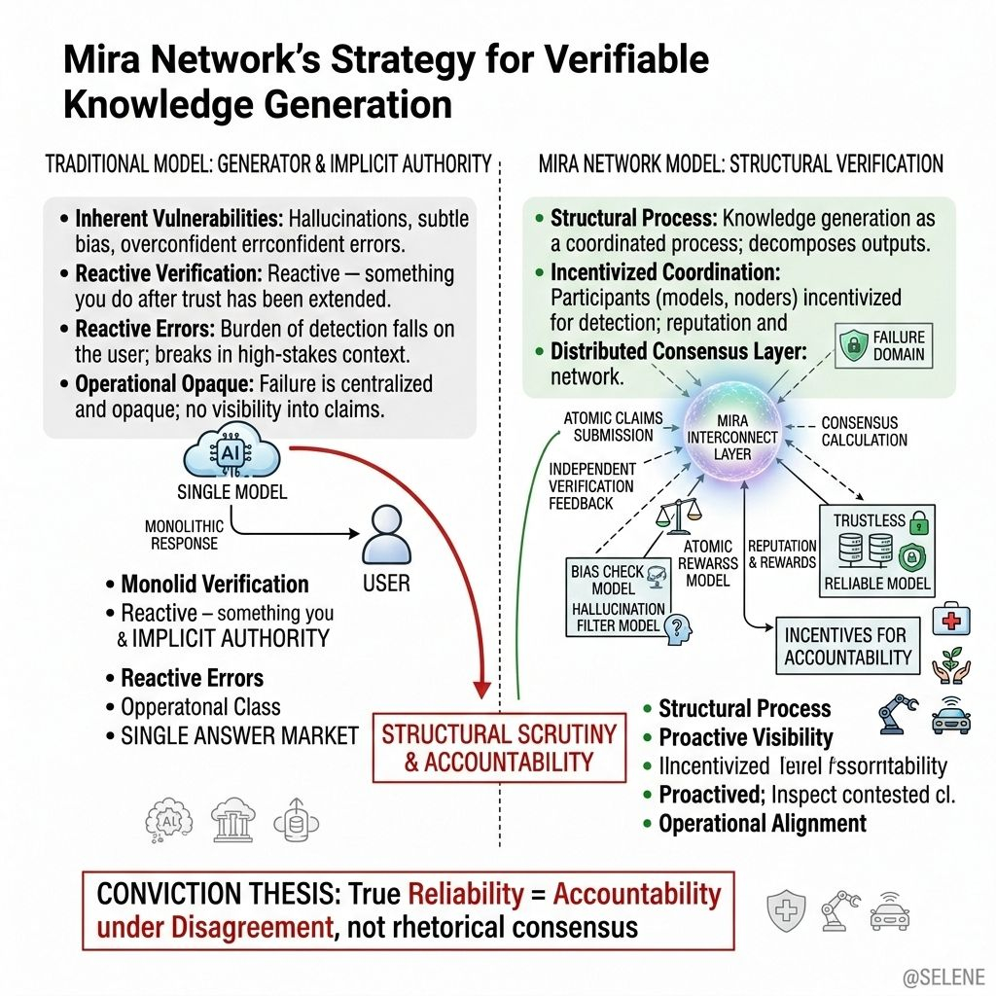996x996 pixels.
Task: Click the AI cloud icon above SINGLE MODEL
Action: click(231, 455)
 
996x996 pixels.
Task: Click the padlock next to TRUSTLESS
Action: click(917, 522)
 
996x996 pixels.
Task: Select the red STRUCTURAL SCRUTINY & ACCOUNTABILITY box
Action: click(499, 747)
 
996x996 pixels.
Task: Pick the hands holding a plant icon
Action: click(950, 666)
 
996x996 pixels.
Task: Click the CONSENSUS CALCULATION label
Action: click(865, 432)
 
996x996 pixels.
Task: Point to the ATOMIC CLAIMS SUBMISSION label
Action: click(613, 427)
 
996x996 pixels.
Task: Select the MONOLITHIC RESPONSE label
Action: click(184, 535)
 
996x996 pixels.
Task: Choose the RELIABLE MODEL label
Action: click(877, 585)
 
